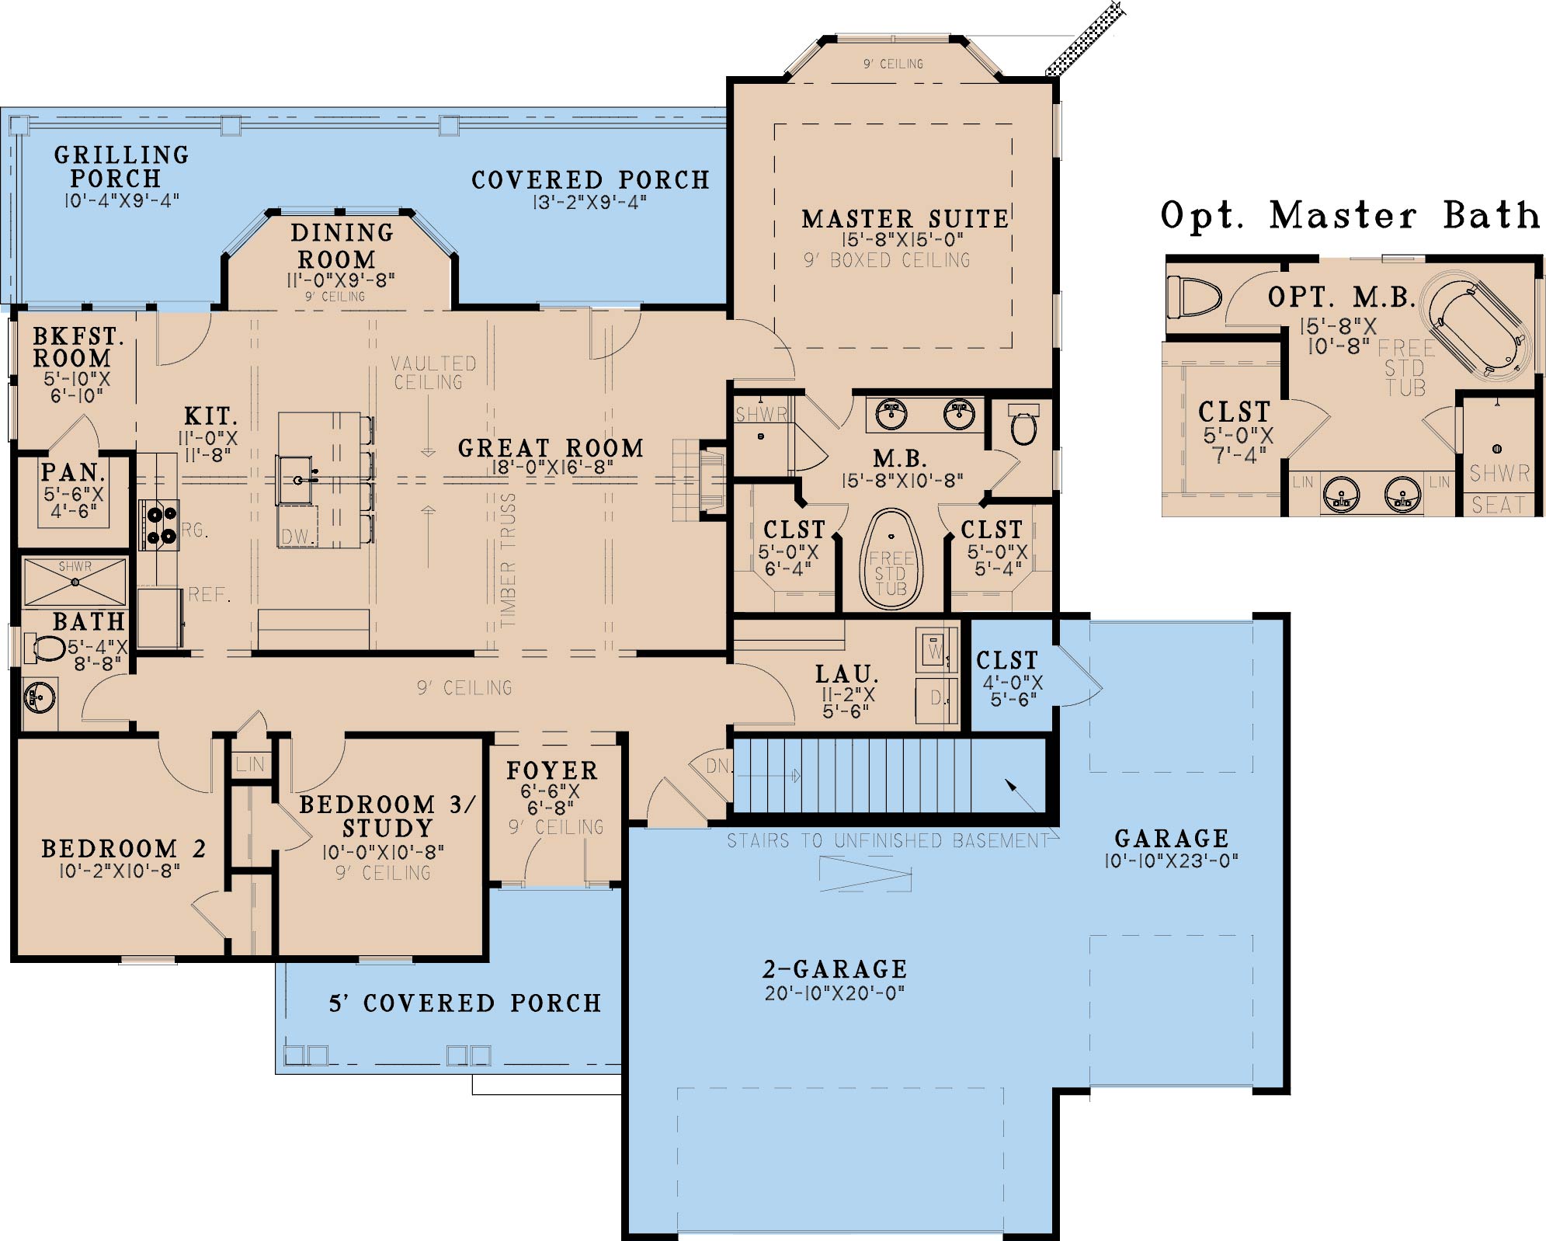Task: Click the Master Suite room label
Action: click(x=905, y=219)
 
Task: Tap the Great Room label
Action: click(x=551, y=448)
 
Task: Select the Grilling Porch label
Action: click(x=122, y=166)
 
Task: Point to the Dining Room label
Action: click(x=342, y=245)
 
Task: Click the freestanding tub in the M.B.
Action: click(x=891, y=559)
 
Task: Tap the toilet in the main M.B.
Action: click(x=1023, y=423)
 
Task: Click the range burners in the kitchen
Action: click(x=158, y=525)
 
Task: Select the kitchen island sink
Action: click(x=296, y=480)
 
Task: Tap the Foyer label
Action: click(x=552, y=770)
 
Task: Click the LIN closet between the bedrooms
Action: click(x=250, y=764)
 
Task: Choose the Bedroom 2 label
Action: click(x=123, y=848)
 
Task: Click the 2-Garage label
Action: click(x=835, y=969)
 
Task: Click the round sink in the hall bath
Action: click(x=38, y=697)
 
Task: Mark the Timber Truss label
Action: click(x=508, y=560)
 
